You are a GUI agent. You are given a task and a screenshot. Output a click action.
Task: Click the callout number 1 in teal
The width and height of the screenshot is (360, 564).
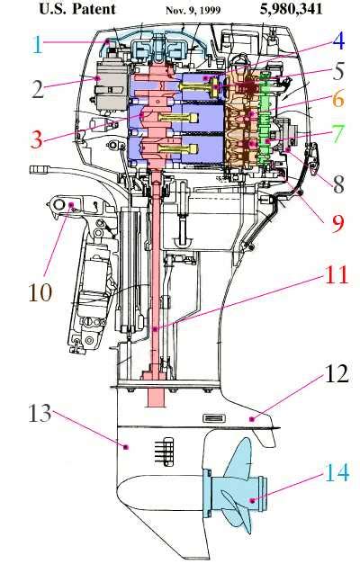37,45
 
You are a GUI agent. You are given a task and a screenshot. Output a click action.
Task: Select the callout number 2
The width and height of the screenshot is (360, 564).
38,89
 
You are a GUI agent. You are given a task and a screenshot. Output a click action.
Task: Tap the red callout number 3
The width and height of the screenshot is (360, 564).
37,139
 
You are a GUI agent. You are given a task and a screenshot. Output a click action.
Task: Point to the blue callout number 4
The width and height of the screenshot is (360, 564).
338,41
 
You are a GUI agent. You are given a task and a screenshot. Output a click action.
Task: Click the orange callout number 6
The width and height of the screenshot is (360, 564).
338,99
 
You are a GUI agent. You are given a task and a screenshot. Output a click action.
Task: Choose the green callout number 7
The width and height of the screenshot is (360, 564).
338,133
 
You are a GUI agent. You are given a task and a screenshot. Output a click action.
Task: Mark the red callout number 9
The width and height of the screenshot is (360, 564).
338,223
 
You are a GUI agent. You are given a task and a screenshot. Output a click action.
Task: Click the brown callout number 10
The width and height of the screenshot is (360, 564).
40,291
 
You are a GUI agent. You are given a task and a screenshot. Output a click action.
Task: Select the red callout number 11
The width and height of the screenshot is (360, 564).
337,275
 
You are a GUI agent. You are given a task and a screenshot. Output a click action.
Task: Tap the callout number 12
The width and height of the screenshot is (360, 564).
337,373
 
